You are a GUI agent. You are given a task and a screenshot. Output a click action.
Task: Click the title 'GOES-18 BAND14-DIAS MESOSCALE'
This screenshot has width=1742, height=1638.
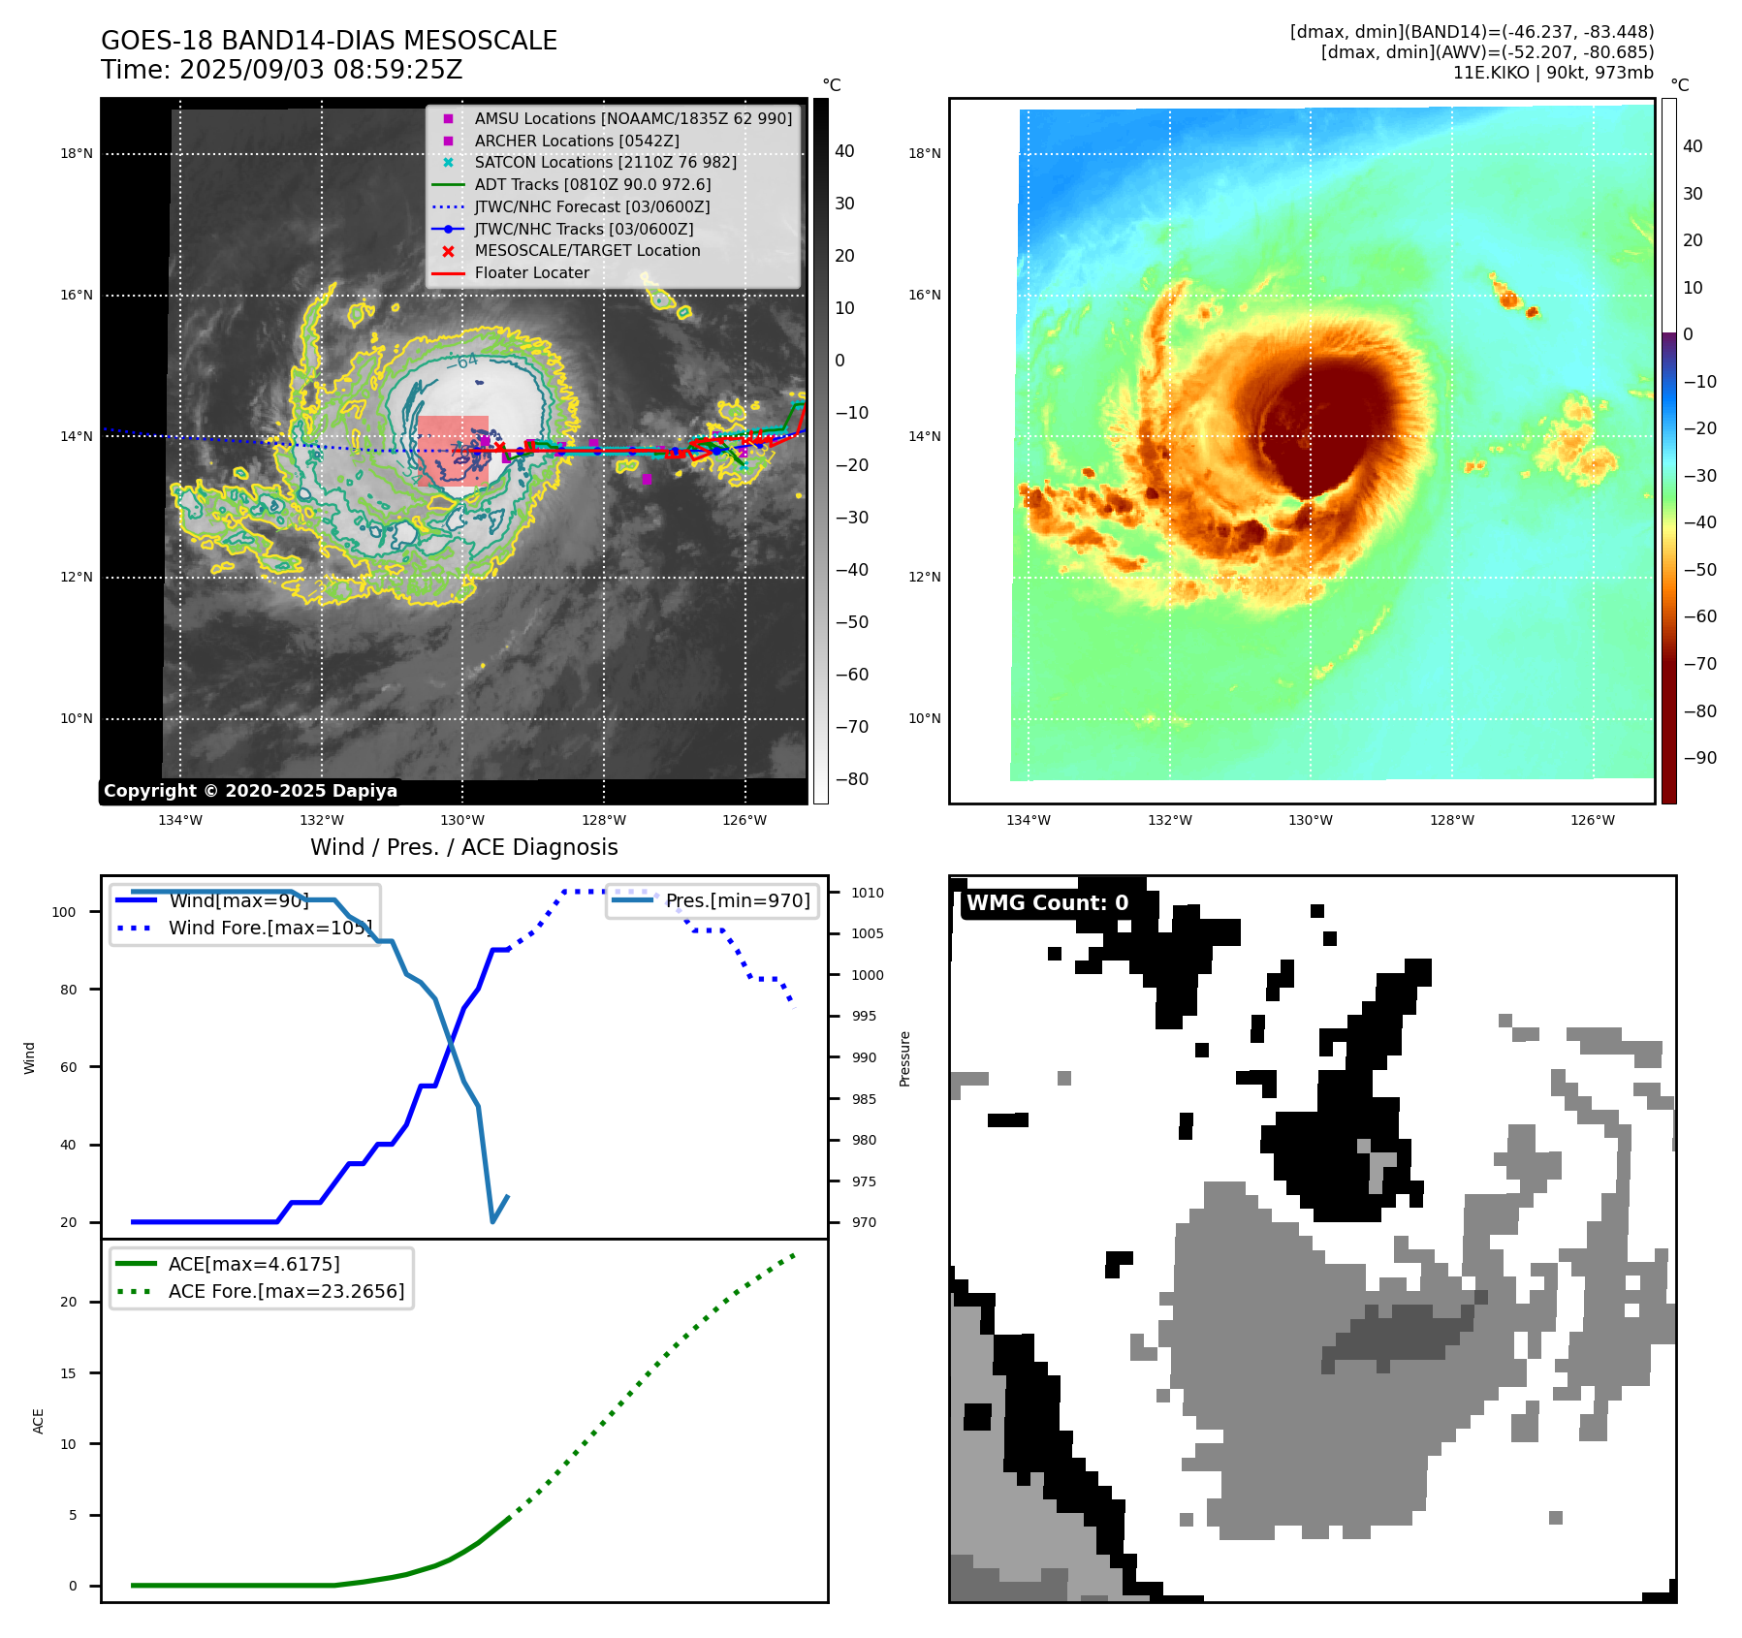329,41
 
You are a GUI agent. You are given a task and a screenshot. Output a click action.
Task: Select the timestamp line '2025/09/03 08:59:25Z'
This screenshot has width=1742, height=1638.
321,70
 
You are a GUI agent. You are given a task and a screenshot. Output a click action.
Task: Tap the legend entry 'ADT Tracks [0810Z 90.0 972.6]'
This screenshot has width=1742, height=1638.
592,184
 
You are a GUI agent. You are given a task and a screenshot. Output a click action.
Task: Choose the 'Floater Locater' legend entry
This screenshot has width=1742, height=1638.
531,272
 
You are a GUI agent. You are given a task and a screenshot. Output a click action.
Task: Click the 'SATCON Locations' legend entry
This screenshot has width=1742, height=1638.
605,162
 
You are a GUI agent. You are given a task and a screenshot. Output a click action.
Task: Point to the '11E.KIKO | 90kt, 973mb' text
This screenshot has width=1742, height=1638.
1552,73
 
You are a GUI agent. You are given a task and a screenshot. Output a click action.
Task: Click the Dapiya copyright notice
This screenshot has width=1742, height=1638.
250,791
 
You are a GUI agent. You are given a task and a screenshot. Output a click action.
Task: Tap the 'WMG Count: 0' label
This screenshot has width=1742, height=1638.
1047,903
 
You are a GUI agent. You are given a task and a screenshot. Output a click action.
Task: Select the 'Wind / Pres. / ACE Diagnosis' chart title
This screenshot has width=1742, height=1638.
463,847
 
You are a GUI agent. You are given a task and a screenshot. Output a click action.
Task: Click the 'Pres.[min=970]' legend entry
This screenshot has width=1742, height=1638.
737,900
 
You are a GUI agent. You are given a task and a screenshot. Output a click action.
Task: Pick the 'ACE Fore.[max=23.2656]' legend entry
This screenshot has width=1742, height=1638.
286,1291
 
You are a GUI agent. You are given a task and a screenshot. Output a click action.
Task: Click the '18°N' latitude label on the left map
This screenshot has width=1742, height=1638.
77,153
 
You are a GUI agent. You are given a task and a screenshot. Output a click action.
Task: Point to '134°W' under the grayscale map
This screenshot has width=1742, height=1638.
180,820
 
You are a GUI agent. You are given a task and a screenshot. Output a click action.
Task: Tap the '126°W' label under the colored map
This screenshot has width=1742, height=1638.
1593,820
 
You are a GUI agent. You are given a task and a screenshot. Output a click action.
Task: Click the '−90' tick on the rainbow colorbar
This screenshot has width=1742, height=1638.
1699,758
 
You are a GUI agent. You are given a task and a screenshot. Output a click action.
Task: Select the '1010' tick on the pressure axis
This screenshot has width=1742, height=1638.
868,893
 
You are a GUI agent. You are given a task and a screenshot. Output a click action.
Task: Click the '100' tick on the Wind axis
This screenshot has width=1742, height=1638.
64,912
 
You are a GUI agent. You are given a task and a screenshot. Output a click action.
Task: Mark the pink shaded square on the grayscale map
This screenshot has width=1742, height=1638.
453,451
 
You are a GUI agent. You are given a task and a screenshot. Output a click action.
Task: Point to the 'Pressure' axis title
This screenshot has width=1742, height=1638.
904,1058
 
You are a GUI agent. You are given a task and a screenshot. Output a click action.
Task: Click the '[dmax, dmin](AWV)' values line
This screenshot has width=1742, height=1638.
1487,52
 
